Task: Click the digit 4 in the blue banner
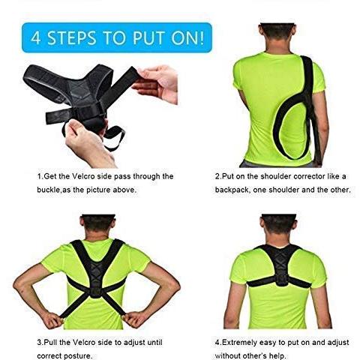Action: click(36, 37)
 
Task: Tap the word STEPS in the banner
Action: click(72, 38)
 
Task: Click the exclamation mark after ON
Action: click(202, 37)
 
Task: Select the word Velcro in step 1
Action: click(84, 176)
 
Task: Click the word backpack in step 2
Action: click(232, 190)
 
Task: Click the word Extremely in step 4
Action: click(239, 342)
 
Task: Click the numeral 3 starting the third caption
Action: click(39, 342)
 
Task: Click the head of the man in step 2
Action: click(277, 37)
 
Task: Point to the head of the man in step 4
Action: click(278, 227)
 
